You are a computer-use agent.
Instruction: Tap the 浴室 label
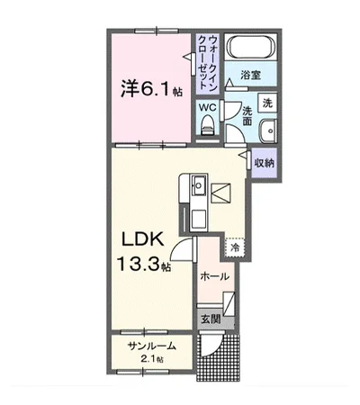[250, 78]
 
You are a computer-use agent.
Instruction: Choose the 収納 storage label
[264, 163]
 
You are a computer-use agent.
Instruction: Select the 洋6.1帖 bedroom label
[151, 89]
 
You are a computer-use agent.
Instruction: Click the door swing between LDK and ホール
[184, 256]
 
